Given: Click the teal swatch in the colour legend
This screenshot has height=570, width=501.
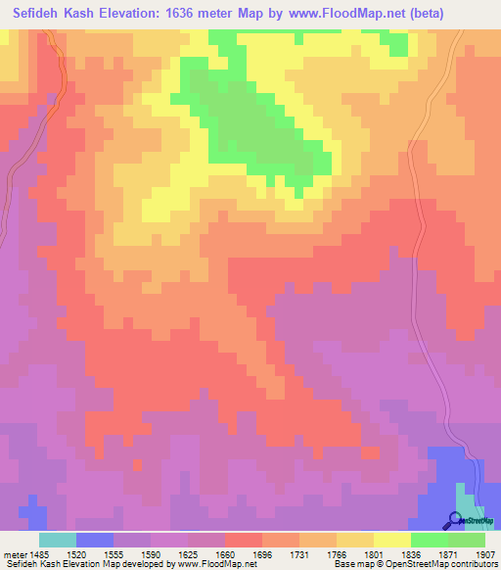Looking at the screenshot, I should coord(58,540).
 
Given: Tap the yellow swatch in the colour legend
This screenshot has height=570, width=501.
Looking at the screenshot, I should coord(392,540).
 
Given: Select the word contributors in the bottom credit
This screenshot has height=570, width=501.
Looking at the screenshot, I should coord(474,564).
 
